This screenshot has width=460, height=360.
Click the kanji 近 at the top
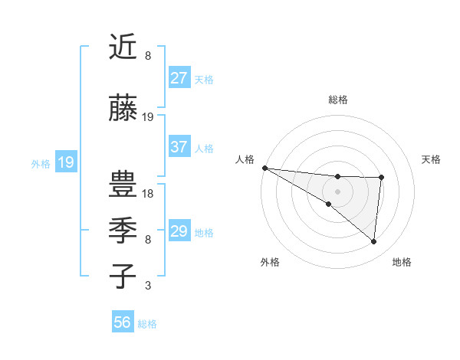[123, 47]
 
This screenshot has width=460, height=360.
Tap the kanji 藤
[123, 109]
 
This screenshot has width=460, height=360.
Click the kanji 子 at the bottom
[123, 277]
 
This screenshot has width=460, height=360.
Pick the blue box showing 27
[179, 78]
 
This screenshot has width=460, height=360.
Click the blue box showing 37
[179, 148]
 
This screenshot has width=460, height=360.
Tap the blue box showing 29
[179, 231]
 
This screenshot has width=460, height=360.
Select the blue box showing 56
[123, 323]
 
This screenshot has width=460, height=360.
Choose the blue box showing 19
[66, 162]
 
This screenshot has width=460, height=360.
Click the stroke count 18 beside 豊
[149, 194]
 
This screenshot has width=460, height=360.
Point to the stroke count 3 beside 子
[148, 286]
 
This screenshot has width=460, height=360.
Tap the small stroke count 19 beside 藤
[149, 117]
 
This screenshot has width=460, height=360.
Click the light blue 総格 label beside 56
[148, 324]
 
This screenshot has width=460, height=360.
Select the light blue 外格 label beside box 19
[40, 163]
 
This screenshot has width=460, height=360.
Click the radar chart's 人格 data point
[264, 168]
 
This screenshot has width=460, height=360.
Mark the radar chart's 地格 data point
[374, 242]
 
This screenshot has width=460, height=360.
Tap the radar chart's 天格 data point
[381, 178]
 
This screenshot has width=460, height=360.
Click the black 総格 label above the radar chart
[338, 100]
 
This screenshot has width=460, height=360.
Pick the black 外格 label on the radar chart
[270, 262]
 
